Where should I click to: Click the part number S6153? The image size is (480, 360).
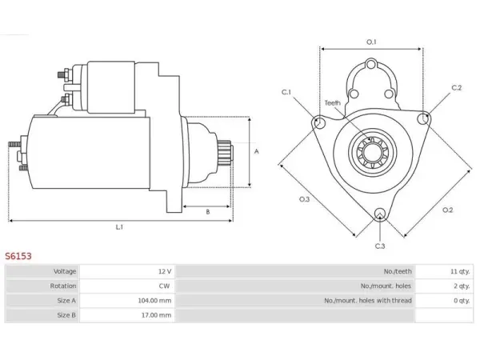(18, 256)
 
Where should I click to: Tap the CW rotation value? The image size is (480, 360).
(164, 286)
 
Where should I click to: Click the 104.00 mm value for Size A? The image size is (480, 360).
(154, 301)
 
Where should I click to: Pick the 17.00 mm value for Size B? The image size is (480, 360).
(156, 315)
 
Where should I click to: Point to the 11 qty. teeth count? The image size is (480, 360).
(460, 271)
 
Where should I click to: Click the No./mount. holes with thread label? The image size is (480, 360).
(368, 301)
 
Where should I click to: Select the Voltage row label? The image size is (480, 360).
(65, 271)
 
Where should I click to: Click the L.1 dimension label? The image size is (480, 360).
(119, 227)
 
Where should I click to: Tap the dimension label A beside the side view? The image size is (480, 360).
(257, 151)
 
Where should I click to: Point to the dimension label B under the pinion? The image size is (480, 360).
(208, 212)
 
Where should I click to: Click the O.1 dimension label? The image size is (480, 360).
(371, 42)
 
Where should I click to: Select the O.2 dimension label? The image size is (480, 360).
(447, 210)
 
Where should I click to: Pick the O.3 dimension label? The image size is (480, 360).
(304, 199)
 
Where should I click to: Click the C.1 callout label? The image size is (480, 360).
(286, 92)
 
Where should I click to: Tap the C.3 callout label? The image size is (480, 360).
(380, 246)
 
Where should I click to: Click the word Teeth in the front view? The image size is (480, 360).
(333, 103)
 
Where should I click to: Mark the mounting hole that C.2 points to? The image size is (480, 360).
(423, 118)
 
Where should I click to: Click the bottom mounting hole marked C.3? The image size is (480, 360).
(380, 214)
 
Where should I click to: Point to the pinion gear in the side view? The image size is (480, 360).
(225, 153)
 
